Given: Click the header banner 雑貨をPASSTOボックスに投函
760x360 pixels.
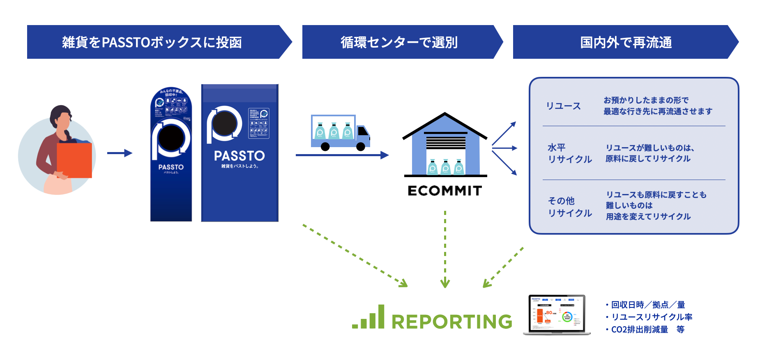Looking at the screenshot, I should point(152,42).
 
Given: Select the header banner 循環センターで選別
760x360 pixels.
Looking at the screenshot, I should point(399,42).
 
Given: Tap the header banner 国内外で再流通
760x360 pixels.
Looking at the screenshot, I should point(625,42).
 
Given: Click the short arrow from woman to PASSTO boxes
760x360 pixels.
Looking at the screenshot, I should point(120,153).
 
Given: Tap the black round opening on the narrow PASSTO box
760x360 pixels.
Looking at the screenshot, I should point(171,138).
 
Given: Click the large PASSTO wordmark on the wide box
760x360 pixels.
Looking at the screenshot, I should point(240,156).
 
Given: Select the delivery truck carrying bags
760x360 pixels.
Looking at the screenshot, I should point(340,133).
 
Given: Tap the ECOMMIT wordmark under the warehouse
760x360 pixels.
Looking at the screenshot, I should point(445,191).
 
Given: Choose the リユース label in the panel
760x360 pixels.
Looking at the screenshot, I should point(563,106).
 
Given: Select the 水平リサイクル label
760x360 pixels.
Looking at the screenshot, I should point(569,153).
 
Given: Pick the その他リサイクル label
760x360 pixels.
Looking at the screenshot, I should point(569,207).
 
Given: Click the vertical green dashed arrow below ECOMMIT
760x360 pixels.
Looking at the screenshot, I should point(445,249).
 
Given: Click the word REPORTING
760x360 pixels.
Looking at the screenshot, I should point(452,321).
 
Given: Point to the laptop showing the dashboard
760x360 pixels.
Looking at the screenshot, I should point(557,314).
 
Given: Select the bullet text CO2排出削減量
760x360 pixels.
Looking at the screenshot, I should point(640,330).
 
